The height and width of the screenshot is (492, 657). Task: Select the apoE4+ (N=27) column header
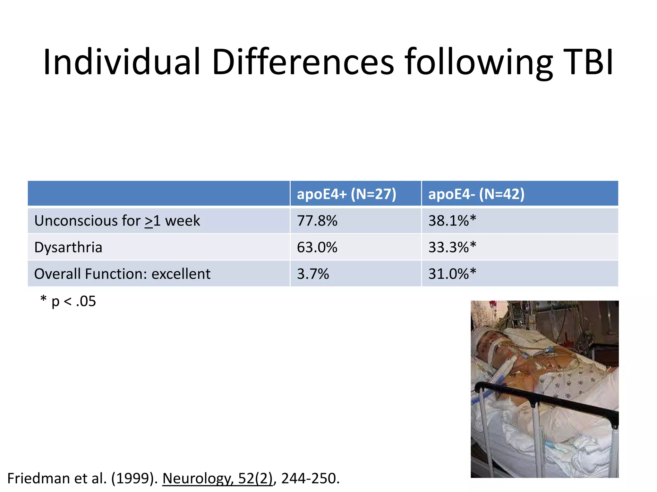click(x=346, y=194)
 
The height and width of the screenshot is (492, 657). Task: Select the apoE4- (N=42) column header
click(x=476, y=194)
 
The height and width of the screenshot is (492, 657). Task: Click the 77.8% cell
click(x=317, y=221)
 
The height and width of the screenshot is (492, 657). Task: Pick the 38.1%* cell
click(x=452, y=221)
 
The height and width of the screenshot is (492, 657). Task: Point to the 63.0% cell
click(x=317, y=247)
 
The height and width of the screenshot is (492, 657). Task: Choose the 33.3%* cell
click(x=452, y=247)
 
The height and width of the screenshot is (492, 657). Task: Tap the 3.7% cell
click(x=313, y=274)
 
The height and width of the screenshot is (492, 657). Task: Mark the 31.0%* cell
click(x=452, y=274)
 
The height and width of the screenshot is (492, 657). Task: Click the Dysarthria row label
click(x=68, y=247)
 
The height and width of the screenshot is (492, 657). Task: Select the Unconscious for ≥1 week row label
click(x=117, y=221)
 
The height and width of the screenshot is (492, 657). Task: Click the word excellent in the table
click(x=181, y=274)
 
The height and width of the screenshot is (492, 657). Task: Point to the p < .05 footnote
click(x=68, y=301)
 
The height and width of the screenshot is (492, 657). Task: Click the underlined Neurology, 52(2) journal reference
click(x=218, y=478)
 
